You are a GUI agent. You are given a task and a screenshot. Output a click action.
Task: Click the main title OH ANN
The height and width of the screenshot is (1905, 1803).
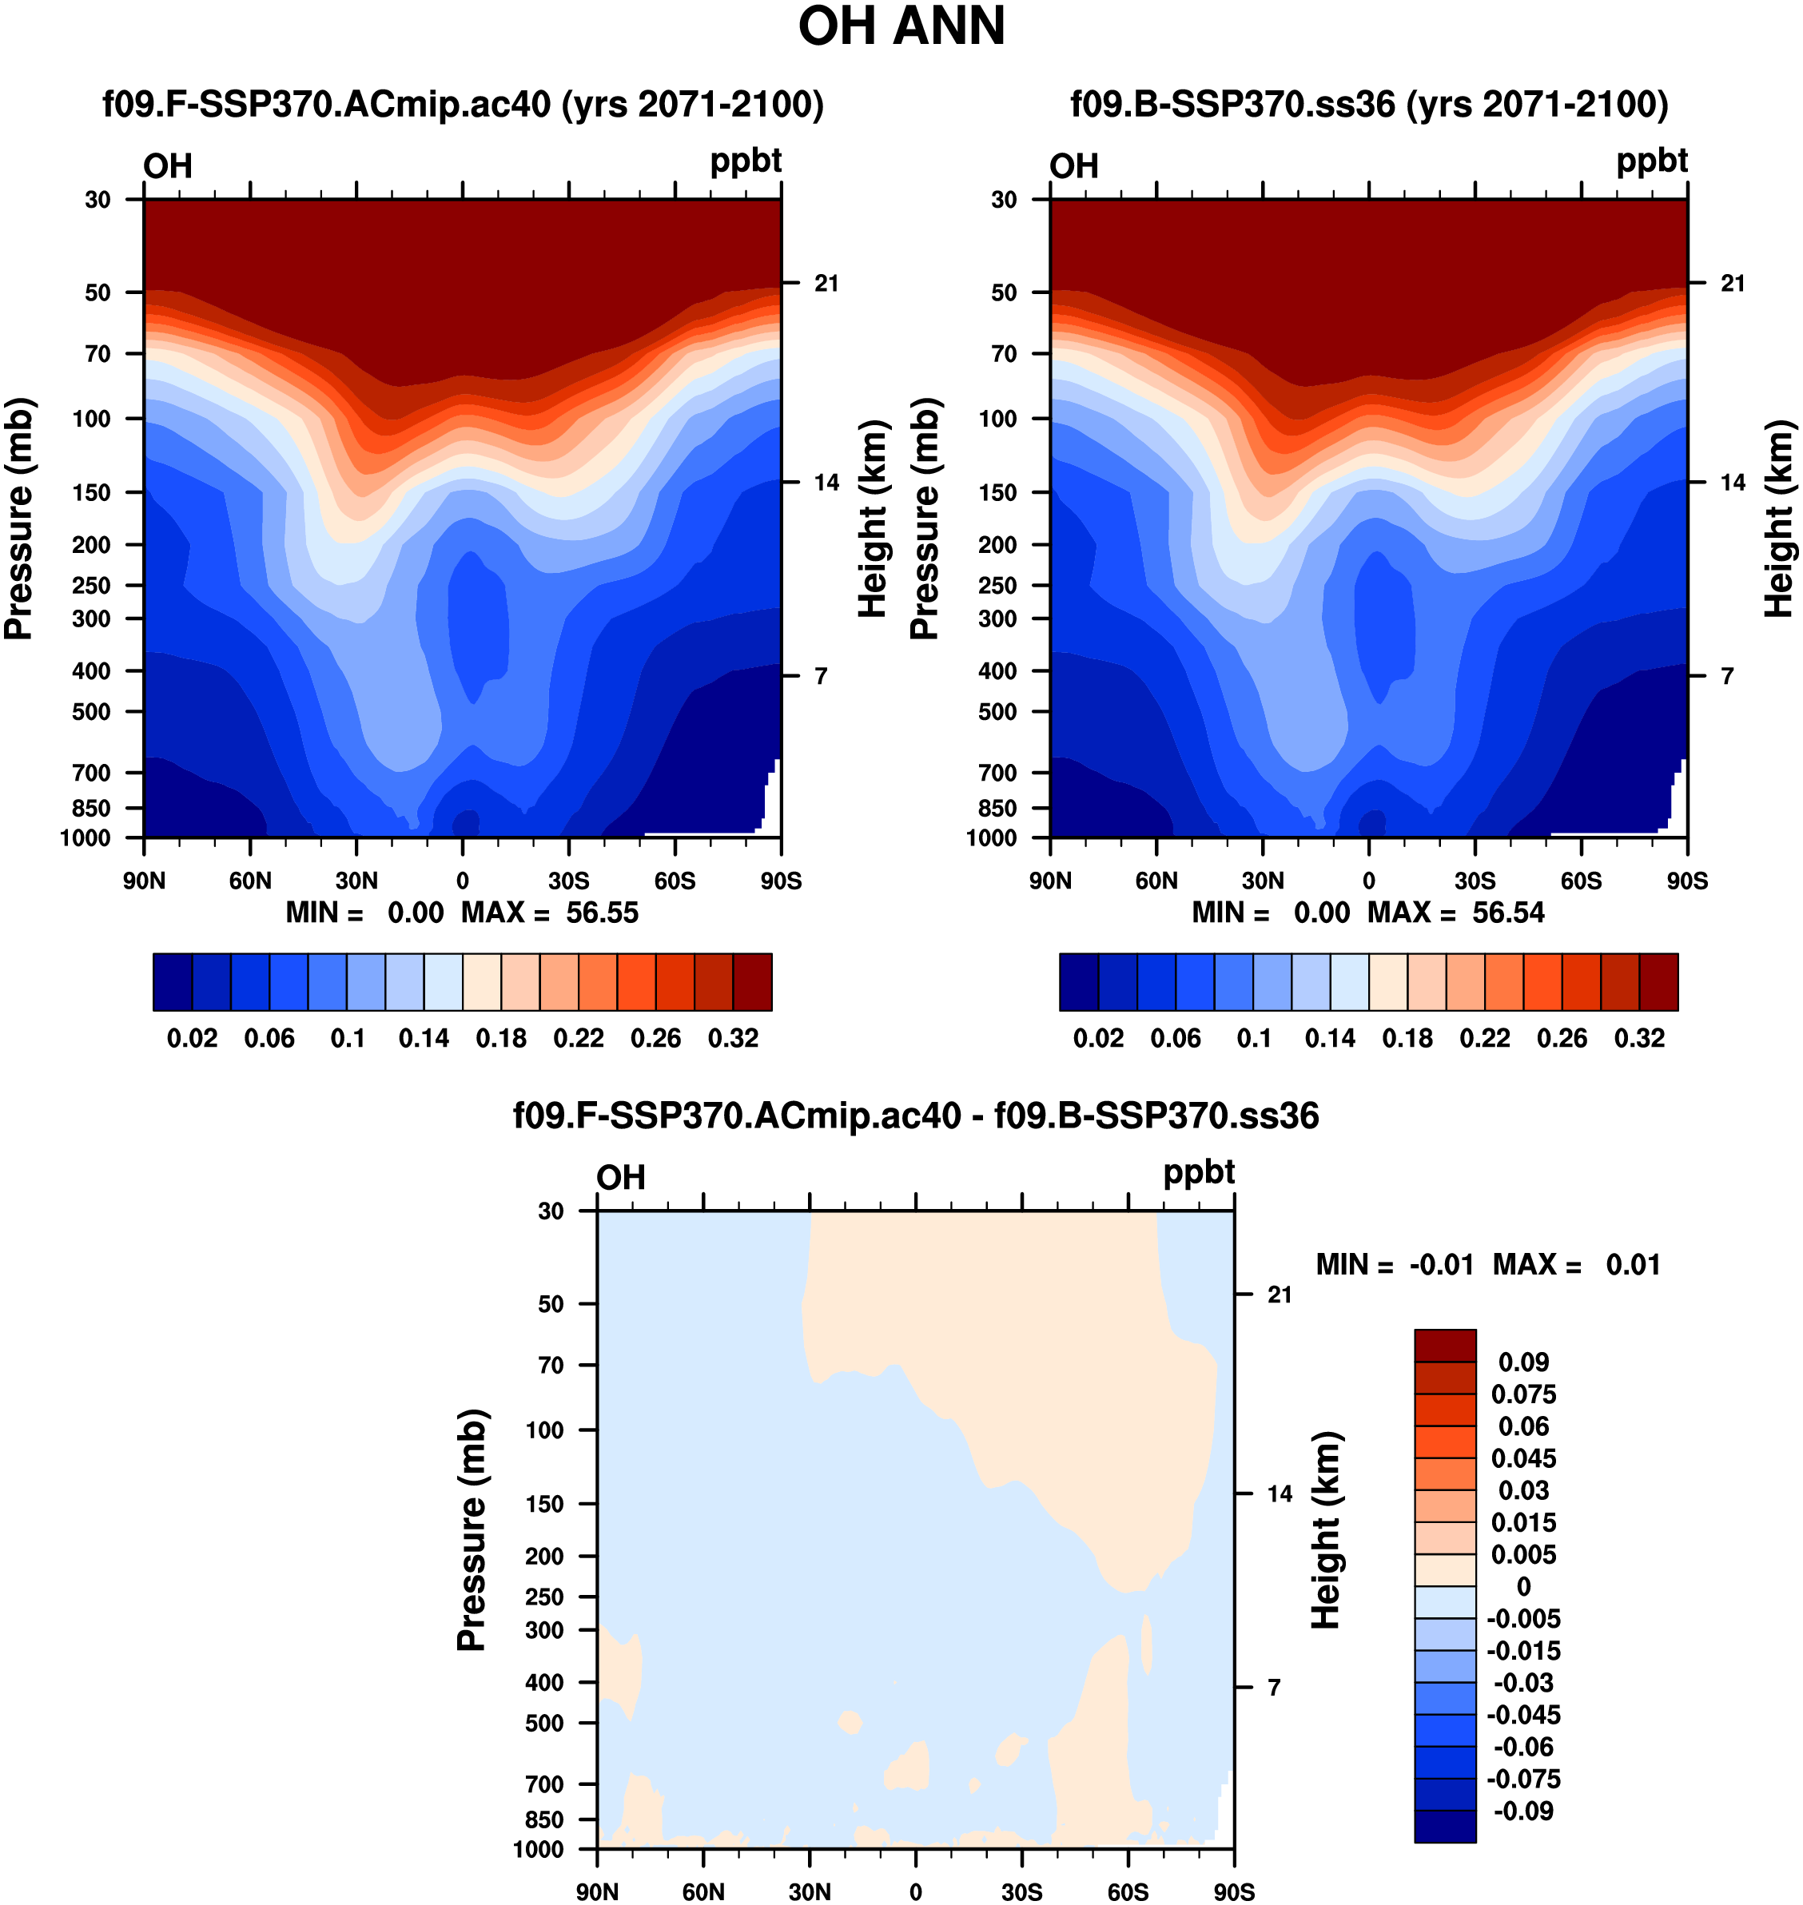(x=901, y=27)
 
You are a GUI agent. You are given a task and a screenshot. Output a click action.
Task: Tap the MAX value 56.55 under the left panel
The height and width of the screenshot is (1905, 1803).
(x=602, y=912)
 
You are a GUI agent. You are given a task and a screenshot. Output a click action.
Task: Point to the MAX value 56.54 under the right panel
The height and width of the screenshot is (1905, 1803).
(x=1508, y=912)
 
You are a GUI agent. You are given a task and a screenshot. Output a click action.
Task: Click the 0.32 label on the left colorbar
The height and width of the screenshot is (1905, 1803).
(x=734, y=1038)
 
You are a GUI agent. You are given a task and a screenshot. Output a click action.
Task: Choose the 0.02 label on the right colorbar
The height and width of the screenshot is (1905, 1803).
(x=1099, y=1038)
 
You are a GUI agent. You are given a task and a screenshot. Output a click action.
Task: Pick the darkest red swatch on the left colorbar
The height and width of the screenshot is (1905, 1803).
(x=753, y=981)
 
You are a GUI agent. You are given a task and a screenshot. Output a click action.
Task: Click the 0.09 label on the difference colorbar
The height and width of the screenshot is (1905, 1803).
(x=1523, y=1362)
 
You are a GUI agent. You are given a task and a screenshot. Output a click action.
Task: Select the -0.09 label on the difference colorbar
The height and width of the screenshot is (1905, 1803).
(x=1523, y=1811)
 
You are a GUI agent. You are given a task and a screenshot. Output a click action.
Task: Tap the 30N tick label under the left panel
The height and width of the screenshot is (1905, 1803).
(x=356, y=881)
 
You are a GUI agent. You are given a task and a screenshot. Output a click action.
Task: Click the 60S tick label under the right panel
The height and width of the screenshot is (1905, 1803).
(x=1581, y=881)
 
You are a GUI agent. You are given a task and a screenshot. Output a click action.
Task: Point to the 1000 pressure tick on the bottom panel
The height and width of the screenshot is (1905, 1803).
(x=538, y=1849)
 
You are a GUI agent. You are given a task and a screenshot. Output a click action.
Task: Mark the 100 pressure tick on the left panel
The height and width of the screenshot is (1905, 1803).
(x=91, y=418)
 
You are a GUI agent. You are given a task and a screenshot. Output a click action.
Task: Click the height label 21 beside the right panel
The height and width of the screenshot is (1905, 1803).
(x=1733, y=284)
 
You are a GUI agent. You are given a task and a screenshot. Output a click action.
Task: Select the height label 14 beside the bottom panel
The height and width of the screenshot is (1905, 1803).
(x=1280, y=1493)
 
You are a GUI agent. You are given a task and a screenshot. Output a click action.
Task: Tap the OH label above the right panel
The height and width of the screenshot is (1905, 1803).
(x=1073, y=166)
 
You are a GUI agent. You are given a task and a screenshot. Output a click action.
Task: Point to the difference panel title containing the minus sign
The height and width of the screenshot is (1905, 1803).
(x=915, y=1116)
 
